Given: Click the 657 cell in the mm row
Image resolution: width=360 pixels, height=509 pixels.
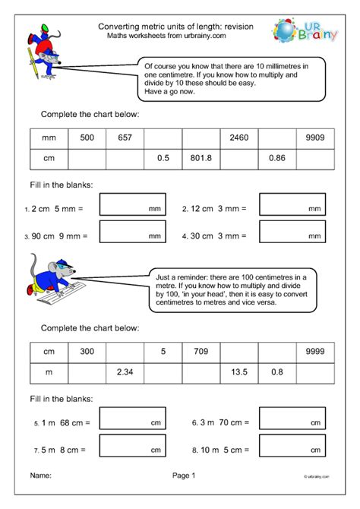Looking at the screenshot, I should (125, 138).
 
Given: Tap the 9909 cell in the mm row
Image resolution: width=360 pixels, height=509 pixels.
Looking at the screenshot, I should (315, 138).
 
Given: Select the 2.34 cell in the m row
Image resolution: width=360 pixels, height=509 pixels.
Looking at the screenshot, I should (125, 372).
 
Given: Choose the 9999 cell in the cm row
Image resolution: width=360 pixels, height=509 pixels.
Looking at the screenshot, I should (315, 352).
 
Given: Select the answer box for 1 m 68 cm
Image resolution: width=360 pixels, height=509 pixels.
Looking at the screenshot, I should (132, 419).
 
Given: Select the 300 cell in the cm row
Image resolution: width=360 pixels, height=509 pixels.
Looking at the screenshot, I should (87, 352).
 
